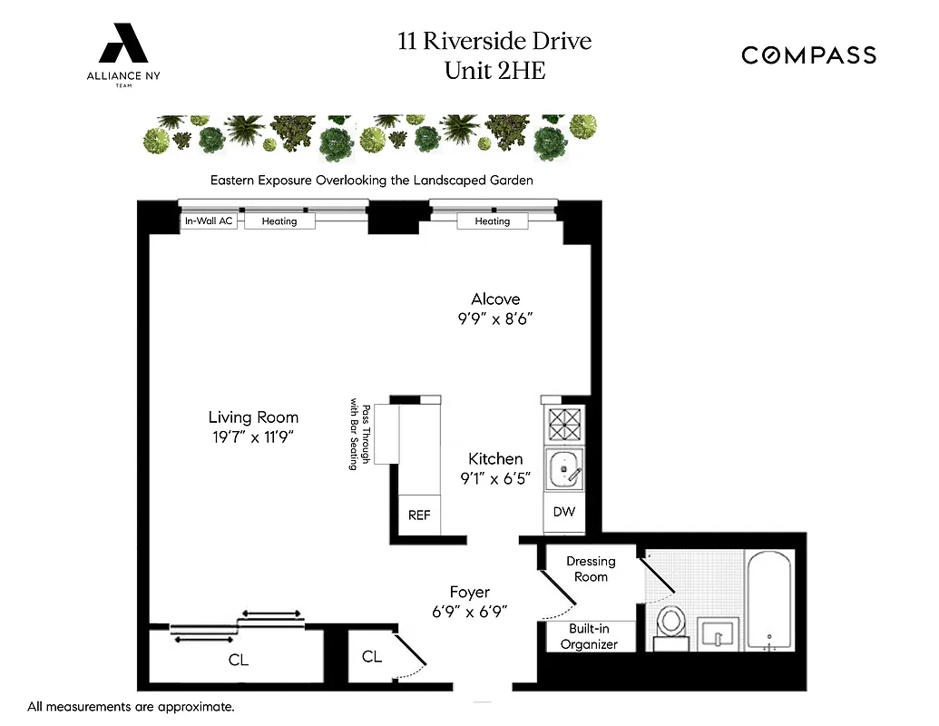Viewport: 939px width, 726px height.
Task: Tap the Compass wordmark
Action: [808, 55]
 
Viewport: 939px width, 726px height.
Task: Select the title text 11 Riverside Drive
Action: [494, 41]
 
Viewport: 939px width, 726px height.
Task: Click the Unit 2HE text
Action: [494, 70]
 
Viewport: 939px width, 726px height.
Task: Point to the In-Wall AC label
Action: [210, 221]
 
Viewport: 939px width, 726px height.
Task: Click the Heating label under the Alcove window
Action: [493, 221]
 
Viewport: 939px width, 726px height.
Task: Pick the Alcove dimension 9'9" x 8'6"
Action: [494, 319]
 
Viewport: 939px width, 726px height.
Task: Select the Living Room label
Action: [253, 417]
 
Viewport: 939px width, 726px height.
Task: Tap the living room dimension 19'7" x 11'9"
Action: [253, 437]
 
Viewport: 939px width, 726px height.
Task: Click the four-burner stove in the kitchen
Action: [564, 424]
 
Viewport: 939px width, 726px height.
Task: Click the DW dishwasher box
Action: [564, 512]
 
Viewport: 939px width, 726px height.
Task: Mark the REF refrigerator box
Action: [419, 515]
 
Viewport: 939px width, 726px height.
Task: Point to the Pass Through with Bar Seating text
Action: [360, 437]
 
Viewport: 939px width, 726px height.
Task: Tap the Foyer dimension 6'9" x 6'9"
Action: [469, 612]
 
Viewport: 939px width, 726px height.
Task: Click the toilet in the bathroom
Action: [671, 625]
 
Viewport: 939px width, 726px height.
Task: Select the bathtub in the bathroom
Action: [769, 600]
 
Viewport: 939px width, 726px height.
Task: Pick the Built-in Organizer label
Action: [589, 636]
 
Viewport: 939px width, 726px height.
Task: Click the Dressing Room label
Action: [591, 569]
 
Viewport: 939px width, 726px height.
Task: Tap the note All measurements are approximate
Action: [132, 706]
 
